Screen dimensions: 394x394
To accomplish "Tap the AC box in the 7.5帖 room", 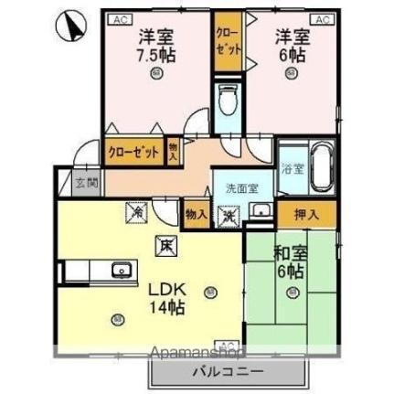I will pos(119,19).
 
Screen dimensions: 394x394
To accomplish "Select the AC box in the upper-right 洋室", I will pos(321,19).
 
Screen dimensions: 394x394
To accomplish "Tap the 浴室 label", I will pos(292,170).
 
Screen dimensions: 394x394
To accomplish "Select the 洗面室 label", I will pos(242,188).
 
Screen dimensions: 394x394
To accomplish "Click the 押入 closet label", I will pos(306,215).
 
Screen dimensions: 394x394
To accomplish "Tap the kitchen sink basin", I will pos(120,270).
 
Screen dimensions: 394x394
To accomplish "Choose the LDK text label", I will pos(165,286).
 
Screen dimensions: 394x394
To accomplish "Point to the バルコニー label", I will pos(227,373).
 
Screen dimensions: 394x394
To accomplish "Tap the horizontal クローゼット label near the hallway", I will pos(133,152).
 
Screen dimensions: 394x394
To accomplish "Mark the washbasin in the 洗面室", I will pos(261,213).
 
